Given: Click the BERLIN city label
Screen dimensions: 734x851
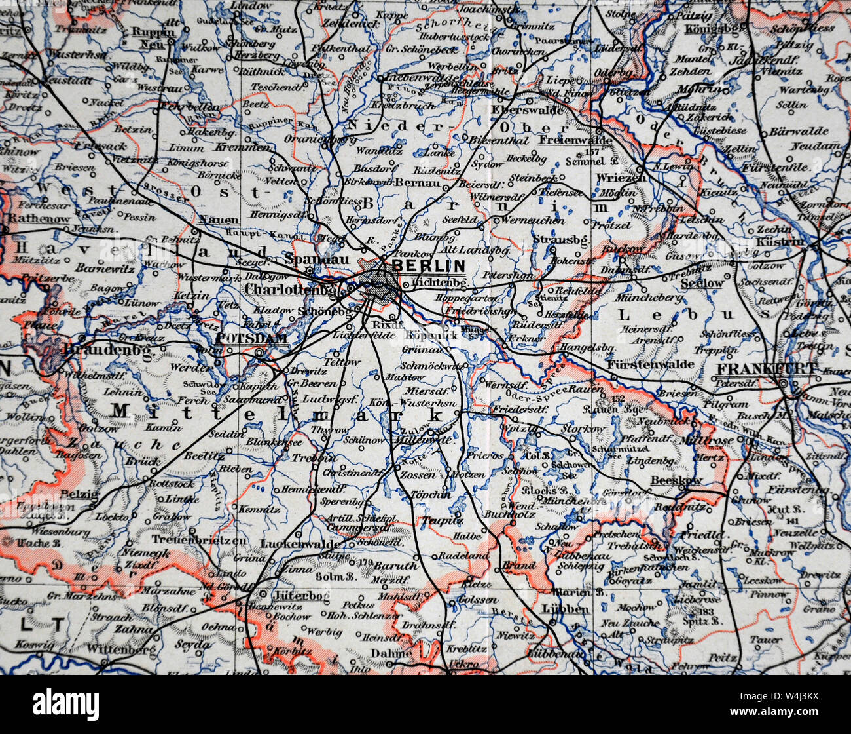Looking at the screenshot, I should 428,265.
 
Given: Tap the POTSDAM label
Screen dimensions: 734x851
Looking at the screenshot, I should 251,338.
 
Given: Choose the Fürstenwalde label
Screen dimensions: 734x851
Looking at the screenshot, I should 641,363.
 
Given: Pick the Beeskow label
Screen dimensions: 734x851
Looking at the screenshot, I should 676,480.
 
